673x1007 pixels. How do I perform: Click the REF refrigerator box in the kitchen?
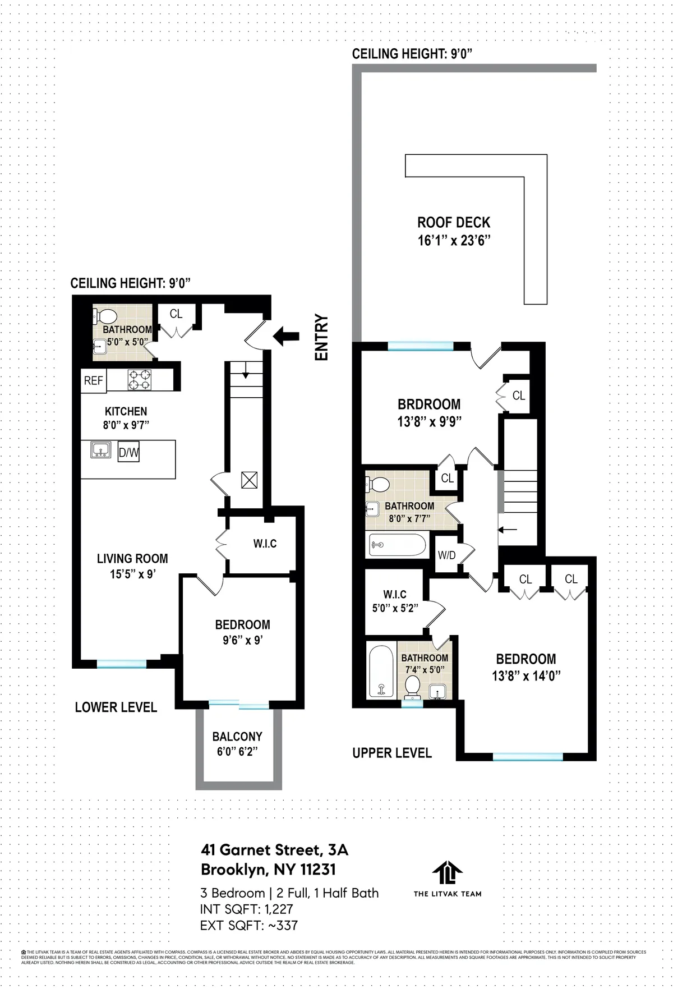(93, 380)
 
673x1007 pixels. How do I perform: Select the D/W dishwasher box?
(128, 453)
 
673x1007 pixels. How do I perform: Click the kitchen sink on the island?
(101, 450)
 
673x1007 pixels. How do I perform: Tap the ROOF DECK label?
(454, 223)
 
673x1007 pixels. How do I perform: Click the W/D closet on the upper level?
(447, 556)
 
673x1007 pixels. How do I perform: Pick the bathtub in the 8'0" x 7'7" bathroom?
(397, 544)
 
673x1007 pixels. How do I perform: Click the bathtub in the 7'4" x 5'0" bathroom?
(381, 671)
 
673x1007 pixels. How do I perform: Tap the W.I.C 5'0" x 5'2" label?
(395, 601)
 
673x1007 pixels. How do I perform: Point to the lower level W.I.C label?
(265, 544)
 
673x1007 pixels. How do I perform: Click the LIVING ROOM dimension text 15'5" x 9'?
(132, 574)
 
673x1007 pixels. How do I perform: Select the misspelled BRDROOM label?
(429, 404)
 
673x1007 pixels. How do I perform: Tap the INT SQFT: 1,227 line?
(246, 909)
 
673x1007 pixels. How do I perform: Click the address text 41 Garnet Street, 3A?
(274, 850)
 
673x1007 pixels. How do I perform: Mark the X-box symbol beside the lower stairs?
(249, 480)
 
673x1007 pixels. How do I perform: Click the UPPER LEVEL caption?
(392, 753)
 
